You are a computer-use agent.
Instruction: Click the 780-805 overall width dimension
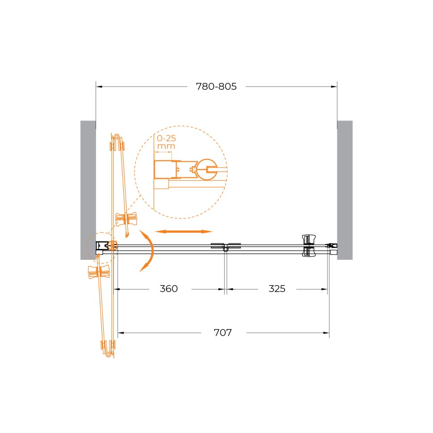pyautogui.click(x=216, y=87)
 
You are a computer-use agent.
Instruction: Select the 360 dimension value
pyautogui.click(x=169, y=289)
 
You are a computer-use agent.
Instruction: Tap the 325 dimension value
pyautogui.click(x=277, y=289)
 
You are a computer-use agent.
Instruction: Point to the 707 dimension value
pyautogui.click(x=223, y=333)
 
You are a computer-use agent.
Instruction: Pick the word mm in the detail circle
pyautogui.click(x=166, y=146)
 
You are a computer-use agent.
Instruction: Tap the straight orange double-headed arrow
pyautogui.click(x=184, y=232)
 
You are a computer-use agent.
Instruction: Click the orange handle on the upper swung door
pyautogui.click(x=126, y=219)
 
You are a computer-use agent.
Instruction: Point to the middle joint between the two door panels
pyautogui.click(x=226, y=246)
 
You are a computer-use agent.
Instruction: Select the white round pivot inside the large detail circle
pyautogui.click(x=210, y=169)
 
